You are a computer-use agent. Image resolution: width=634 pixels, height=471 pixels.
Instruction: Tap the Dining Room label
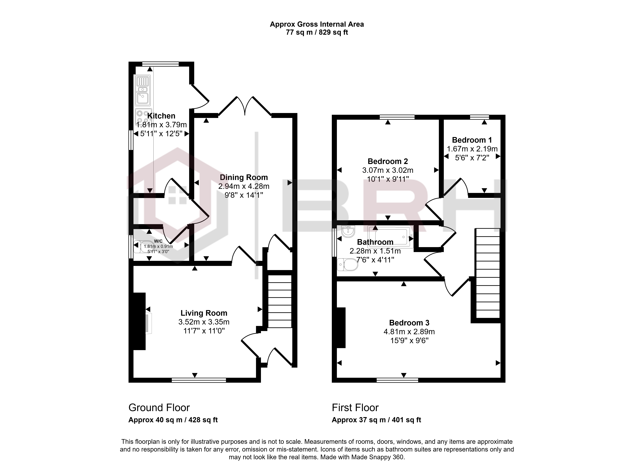[244, 177]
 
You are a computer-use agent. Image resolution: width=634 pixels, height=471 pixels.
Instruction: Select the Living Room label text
[204, 313]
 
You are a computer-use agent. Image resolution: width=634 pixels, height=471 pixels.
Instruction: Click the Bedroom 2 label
[388, 161]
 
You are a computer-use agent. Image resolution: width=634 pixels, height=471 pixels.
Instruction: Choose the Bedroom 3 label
[409, 323]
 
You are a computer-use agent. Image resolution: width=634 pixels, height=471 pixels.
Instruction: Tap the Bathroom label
[375, 242]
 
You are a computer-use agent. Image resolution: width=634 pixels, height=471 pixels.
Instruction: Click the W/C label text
[158, 241]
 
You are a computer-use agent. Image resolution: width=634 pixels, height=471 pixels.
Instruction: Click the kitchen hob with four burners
[143, 117]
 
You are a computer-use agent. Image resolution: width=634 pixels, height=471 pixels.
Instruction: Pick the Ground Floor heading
[159, 408]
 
